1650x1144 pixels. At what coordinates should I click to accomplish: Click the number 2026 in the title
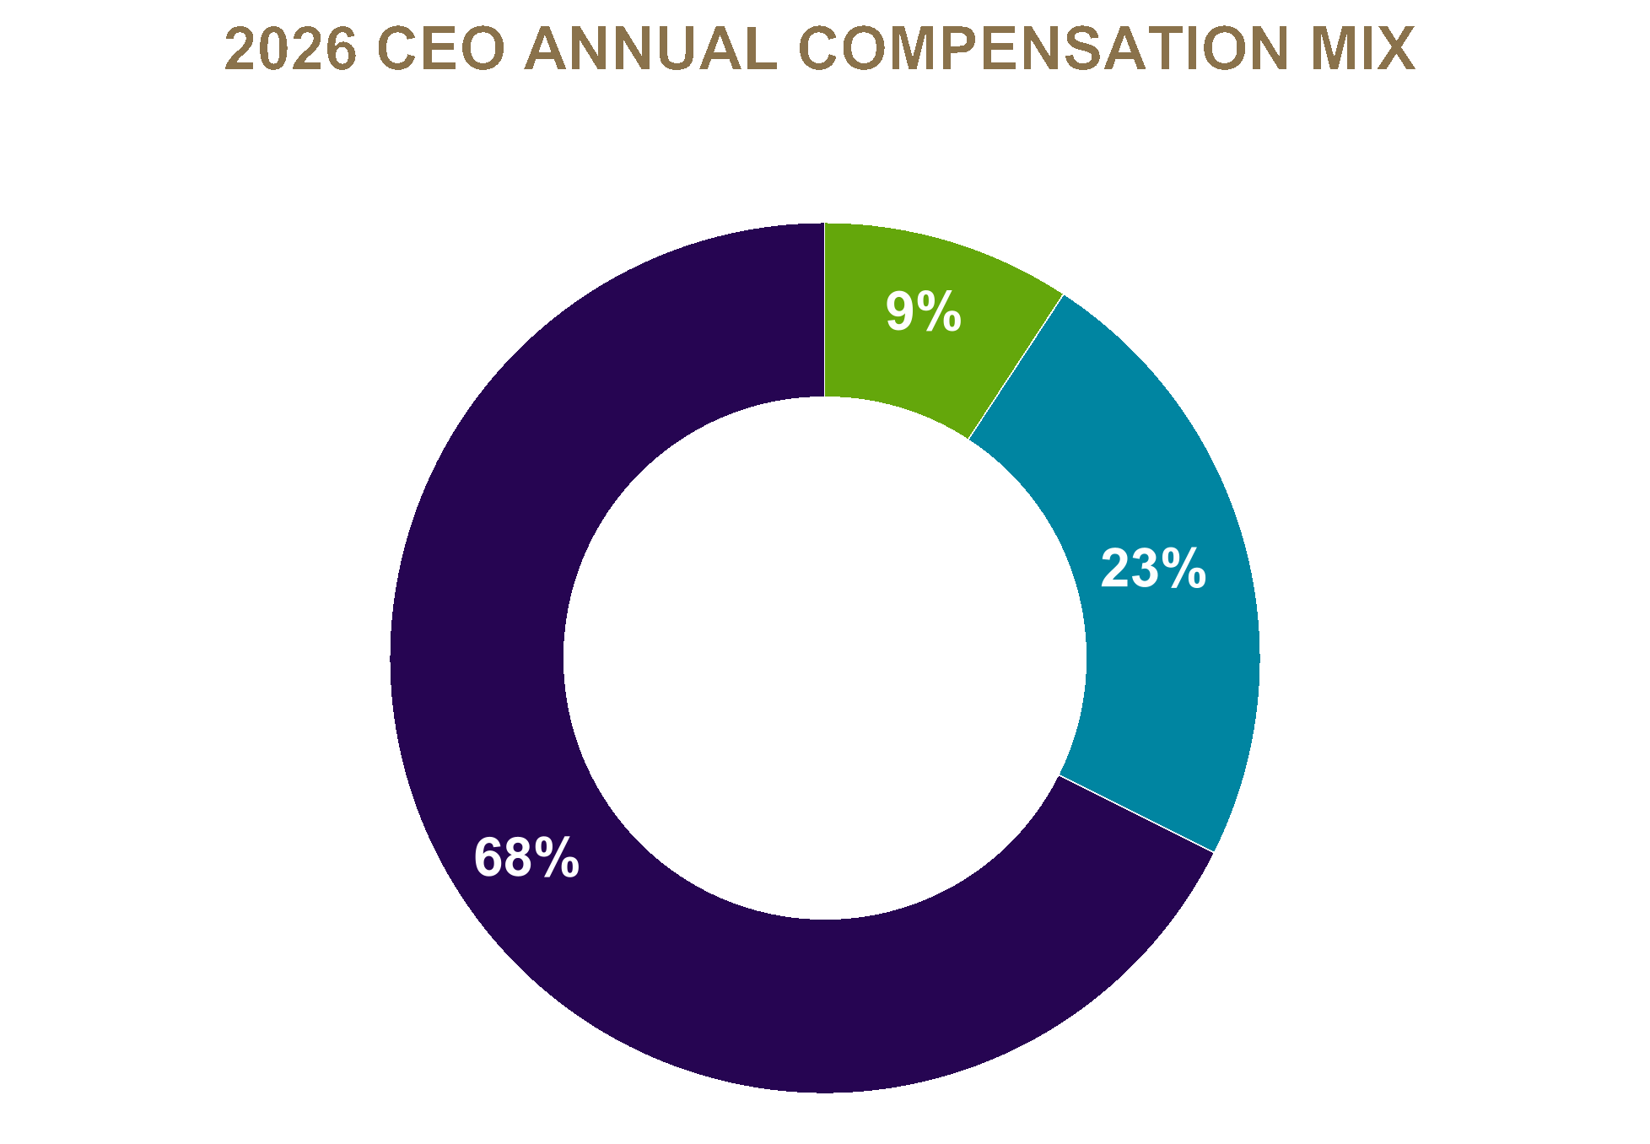pos(291,49)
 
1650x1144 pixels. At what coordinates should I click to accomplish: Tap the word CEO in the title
pos(440,49)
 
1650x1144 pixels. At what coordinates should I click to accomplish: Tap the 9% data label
pos(923,312)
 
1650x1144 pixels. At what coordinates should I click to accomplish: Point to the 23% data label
pos(1153,569)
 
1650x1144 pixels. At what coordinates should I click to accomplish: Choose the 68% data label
pos(526,858)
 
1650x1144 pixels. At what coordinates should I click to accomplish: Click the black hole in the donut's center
pos(825,658)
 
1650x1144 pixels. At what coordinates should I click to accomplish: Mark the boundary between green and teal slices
pos(1016,367)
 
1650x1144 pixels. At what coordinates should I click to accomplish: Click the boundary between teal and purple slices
pos(1136,813)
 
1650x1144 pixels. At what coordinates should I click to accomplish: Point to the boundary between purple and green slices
pos(825,310)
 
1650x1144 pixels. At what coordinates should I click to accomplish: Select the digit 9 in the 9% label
pos(900,312)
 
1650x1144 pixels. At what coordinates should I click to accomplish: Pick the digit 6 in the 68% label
pos(488,858)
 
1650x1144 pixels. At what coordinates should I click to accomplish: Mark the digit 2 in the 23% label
pos(1115,569)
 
